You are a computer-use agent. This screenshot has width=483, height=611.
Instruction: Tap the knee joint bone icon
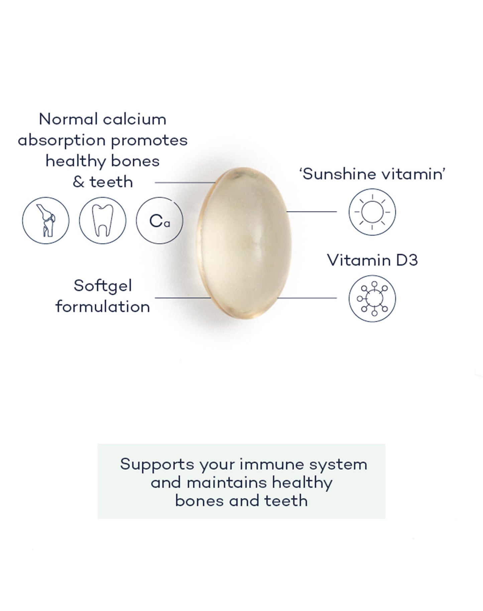[x=46, y=220]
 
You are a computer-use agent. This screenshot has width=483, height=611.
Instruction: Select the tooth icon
[x=103, y=220]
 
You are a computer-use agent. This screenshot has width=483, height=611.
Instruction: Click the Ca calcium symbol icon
[x=159, y=220]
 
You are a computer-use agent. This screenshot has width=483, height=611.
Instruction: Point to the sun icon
[x=372, y=212]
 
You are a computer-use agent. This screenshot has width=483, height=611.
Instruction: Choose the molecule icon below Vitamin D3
[x=372, y=298]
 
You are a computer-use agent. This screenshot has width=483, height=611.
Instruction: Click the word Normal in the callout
[x=68, y=120]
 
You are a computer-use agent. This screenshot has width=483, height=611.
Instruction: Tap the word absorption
[x=62, y=141]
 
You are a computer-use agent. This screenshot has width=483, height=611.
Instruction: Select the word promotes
[x=149, y=141]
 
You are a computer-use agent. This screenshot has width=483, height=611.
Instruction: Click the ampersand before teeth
[x=78, y=182]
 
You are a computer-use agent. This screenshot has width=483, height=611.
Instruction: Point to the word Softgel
[x=103, y=286]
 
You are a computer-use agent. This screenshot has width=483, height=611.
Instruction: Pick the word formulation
[x=103, y=307]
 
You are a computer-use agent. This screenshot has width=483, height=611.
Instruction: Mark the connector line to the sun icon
[x=312, y=212]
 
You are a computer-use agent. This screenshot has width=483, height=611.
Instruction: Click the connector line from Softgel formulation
[x=183, y=298]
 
